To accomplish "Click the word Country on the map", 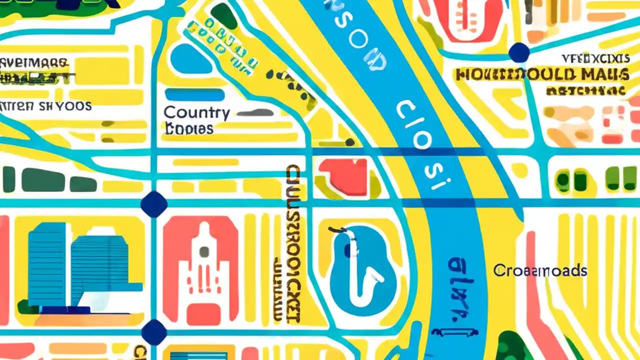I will click(x=196, y=113).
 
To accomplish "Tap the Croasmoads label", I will click(x=540, y=271).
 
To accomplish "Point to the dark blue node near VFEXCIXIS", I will click(x=519, y=52).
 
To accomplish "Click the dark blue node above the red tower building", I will click(x=154, y=204).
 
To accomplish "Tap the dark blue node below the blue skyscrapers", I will click(x=154, y=331).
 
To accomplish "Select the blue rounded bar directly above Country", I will click(x=194, y=94).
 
